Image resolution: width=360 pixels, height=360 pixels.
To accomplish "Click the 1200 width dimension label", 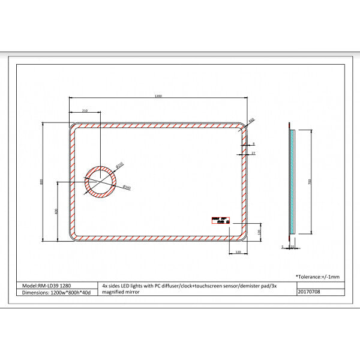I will tap(158, 95).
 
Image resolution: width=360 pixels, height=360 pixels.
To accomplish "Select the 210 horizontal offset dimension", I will tap(85, 110).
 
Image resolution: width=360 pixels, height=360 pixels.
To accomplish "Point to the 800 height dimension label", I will tap(41, 183).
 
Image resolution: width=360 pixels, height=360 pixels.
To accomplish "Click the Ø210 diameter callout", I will tap(119, 164).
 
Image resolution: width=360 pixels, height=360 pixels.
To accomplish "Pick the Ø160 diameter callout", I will tap(127, 188).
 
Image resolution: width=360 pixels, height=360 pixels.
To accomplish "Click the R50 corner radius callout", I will tap(251, 121).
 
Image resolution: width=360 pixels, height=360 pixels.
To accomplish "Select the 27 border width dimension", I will tap(254, 154).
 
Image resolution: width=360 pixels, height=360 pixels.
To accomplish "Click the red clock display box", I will tap(221, 221).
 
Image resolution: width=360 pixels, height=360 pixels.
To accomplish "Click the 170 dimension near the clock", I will tap(259, 232).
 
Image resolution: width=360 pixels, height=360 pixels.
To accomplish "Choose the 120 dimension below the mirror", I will tap(238, 253).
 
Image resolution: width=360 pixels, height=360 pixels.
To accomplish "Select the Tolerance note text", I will tap(317, 277).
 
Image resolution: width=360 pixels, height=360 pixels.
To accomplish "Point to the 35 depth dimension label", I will tap(292, 246).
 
